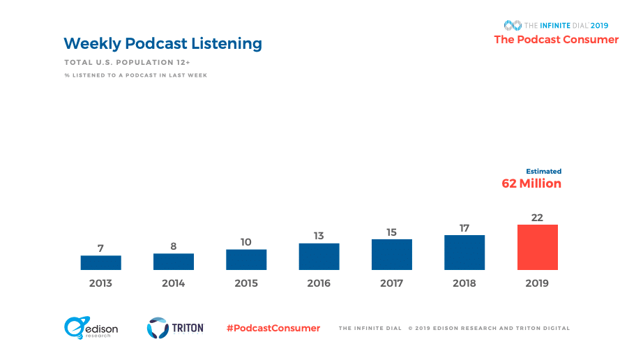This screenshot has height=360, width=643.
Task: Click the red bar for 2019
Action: [x=537, y=247]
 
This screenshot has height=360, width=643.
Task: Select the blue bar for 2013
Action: [x=100, y=262]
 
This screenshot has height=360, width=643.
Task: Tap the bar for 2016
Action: [x=319, y=256]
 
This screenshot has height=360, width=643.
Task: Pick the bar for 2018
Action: [x=464, y=252]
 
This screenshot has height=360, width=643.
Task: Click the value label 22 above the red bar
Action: [x=537, y=217]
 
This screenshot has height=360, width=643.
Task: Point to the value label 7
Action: [x=100, y=248]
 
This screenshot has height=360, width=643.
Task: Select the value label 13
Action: [x=319, y=236]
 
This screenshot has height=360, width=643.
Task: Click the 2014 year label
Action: [x=173, y=283]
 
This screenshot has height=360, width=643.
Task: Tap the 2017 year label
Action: [x=391, y=283]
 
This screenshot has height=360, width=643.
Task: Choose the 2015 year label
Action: [x=246, y=283]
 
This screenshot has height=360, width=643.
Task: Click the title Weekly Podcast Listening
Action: [x=162, y=43]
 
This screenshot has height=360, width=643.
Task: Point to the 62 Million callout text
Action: [x=531, y=183]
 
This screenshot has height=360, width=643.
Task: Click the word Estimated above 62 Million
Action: [x=543, y=171]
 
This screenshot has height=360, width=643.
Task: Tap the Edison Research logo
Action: [x=91, y=328]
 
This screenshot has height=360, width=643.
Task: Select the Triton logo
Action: [x=175, y=327]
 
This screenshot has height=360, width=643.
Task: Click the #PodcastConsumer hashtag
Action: [x=273, y=328]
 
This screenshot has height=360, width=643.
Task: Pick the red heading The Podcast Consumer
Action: [x=556, y=40]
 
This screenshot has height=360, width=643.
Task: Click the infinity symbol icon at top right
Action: [x=513, y=25]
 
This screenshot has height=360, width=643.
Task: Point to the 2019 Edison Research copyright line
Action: [x=489, y=328]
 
